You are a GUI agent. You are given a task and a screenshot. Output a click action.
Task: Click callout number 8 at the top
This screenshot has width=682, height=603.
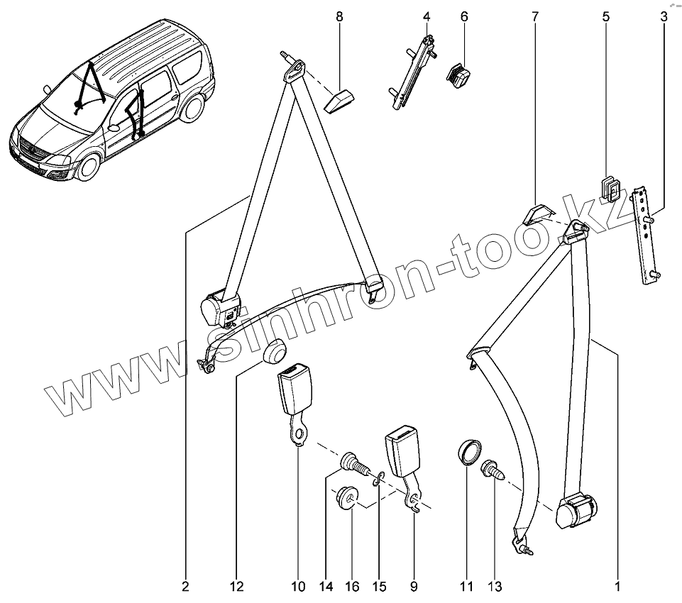tap(339, 16)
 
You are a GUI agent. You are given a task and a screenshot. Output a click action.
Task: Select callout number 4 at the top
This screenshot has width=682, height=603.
tap(427, 16)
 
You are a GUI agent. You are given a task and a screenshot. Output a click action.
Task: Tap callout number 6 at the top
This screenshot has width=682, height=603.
tap(464, 16)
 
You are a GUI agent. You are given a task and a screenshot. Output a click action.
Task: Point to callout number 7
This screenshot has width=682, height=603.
tap(535, 16)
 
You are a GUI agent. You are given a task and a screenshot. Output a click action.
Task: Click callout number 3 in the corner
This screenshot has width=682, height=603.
tap(663, 16)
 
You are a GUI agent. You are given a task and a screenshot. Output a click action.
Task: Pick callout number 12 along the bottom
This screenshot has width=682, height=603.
tap(236, 587)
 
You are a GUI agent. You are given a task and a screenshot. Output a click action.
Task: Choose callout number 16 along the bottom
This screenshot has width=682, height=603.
tap(351, 587)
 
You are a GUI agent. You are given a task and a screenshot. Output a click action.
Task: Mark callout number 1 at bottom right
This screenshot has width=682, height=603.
tap(617, 587)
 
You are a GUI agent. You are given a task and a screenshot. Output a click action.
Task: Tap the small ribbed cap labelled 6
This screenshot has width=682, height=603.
tap(458, 74)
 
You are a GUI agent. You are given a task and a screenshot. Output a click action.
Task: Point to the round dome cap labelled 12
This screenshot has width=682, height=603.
tap(273, 350)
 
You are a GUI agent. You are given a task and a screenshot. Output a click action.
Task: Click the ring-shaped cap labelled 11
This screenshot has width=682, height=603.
tap(467, 452)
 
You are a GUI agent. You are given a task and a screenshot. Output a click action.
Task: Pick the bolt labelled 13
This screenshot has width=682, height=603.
tap(492, 470)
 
